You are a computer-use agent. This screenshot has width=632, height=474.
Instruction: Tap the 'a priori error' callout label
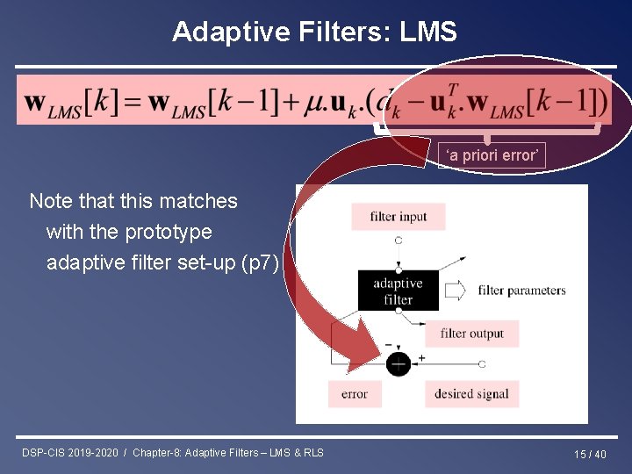pos(492,155)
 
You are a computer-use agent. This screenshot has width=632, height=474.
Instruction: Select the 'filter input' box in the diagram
pos(398,217)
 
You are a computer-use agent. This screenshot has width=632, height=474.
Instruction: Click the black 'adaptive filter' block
pos(398,291)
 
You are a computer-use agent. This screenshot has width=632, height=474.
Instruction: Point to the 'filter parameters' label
pos(521,291)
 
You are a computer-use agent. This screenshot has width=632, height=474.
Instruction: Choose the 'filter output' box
pos(471,334)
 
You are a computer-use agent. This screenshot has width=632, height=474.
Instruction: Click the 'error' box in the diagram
pos(355,394)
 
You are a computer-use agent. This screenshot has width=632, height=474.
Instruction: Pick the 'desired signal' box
pos(471,394)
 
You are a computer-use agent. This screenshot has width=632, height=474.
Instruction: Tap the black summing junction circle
pos(398,363)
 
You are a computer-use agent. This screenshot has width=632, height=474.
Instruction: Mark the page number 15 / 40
pos(590,454)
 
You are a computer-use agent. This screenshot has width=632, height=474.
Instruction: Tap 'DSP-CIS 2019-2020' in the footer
pos(70,453)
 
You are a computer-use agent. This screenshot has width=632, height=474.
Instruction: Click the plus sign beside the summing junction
pos(421,357)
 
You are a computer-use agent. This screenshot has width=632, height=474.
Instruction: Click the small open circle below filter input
pos(398,240)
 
